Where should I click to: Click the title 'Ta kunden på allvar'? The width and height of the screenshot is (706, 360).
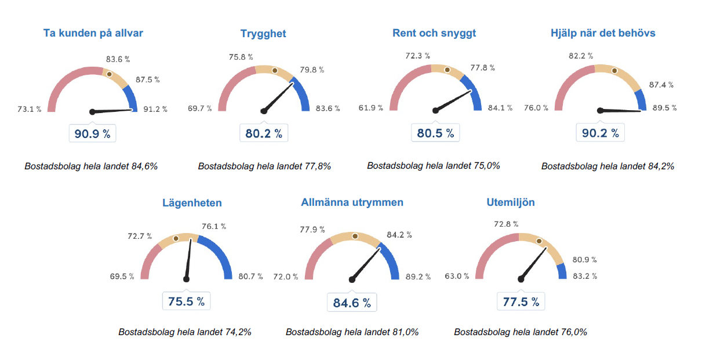[x=93, y=33]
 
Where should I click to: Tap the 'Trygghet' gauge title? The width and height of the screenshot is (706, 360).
[x=263, y=34]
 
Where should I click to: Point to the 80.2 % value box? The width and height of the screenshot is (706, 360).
[x=264, y=134]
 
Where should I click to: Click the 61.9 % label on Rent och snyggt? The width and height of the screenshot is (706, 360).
[x=371, y=108]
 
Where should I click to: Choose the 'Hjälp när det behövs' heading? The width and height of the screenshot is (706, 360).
[x=603, y=33]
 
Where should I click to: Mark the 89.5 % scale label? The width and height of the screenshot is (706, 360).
[x=664, y=108]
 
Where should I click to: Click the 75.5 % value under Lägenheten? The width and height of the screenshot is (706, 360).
[x=186, y=301]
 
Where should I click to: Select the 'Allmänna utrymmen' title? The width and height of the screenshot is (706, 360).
[x=352, y=202]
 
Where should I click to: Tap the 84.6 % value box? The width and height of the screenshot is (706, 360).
[x=352, y=303]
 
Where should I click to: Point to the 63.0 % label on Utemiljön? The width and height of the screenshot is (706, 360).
[x=457, y=276]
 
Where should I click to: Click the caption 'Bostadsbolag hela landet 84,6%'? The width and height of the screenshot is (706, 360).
[x=91, y=166]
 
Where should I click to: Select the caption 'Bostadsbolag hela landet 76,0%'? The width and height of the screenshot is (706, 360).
[x=521, y=332]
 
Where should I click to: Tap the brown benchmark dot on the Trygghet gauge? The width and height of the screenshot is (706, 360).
[x=275, y=70]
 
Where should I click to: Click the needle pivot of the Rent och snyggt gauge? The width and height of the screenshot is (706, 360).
[x=435, y=110]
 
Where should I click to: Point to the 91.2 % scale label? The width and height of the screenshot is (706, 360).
[x=155, y=109]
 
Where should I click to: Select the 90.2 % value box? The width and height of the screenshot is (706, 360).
[x=600, y=134]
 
